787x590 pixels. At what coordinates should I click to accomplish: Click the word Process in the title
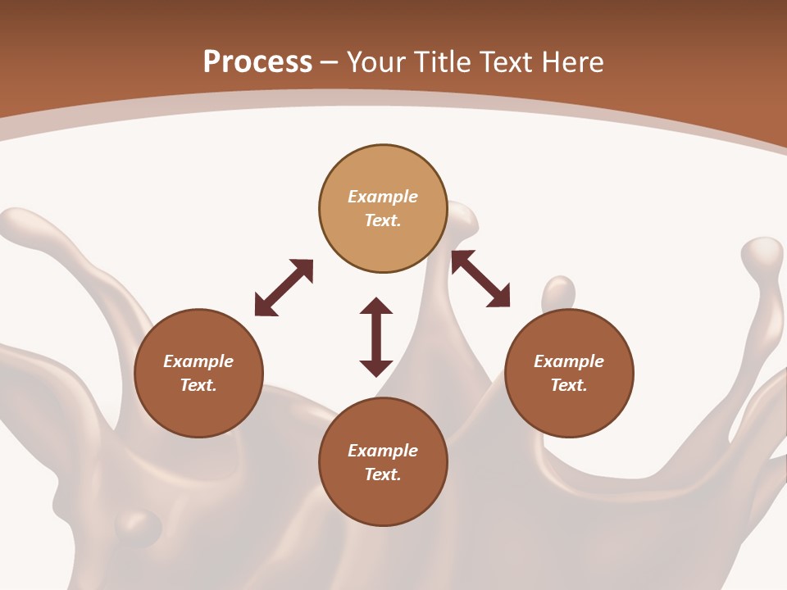coord(257,61)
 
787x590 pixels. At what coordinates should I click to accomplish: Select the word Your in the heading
coord(377,61)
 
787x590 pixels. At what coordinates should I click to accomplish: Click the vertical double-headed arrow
coord(376,337)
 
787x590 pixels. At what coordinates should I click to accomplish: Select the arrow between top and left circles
coord(284,288)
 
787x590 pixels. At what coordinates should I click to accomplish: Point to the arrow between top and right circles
coord(480,279)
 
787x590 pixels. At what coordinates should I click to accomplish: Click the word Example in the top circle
coord(383,197)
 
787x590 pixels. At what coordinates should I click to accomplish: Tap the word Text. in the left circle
coord(198,385)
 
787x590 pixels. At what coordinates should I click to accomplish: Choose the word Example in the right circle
coord(569,361)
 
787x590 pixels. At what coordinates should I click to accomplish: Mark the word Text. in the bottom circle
coord(383,474)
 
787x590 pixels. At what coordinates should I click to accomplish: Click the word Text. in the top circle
coord(383,220)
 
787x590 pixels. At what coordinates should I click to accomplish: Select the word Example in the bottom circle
coord(383,451)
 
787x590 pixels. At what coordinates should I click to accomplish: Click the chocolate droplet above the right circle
coord(559,293)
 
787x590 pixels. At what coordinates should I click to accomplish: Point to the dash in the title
coord(330,62)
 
